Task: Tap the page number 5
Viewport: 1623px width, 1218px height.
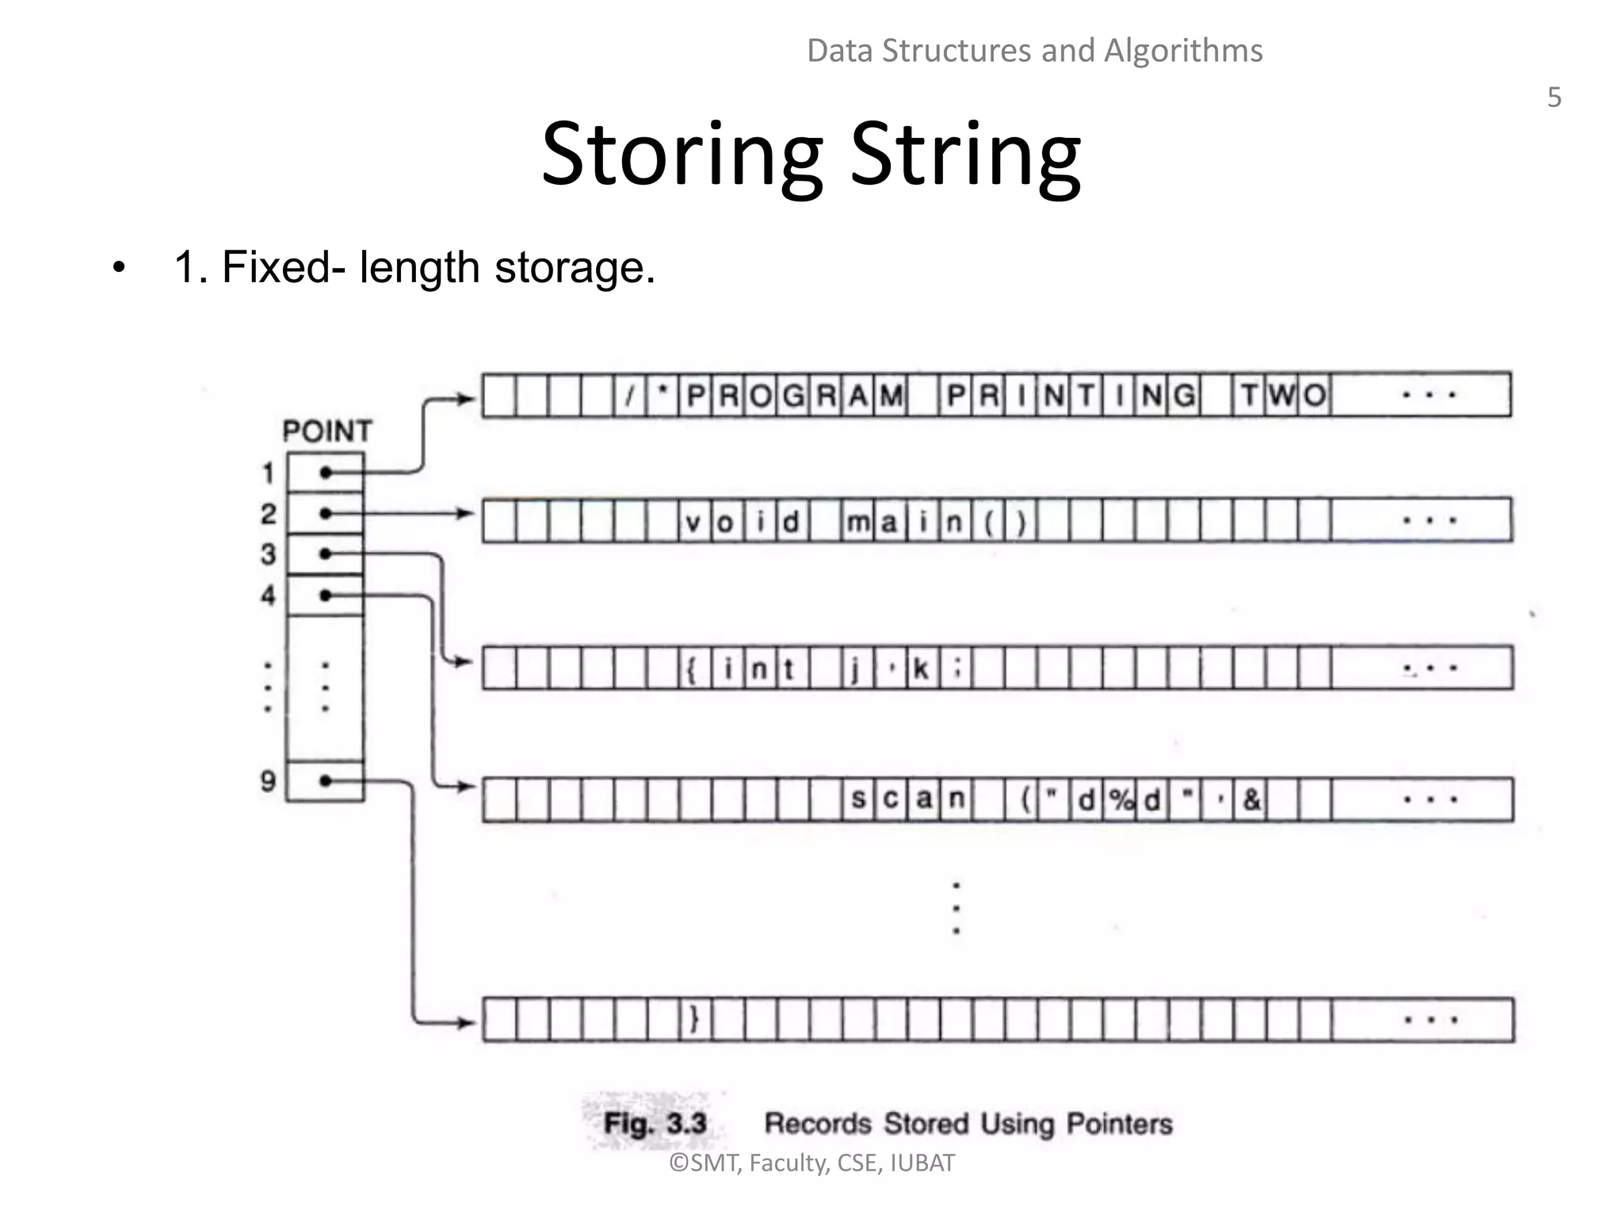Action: click(1554, 98)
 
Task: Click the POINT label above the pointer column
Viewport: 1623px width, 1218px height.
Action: click(327, 431)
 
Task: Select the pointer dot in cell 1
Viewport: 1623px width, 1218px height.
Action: click(326, 473)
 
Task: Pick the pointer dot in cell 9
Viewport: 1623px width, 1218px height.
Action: click(326, 781)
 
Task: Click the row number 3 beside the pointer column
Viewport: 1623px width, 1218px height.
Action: click(269, 554)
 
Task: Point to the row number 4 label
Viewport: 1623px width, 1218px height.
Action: click(269, 595)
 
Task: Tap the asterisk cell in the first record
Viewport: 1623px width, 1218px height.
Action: click(663, 393)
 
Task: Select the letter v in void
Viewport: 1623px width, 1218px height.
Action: click(693, 523)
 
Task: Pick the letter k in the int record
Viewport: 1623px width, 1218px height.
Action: click(921, 669)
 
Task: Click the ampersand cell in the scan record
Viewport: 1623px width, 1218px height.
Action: click(1251, 799)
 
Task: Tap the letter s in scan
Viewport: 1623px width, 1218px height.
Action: click(858, 799)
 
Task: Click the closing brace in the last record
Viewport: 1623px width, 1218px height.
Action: click(695, 1019)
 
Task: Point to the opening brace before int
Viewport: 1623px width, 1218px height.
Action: click(691, 669)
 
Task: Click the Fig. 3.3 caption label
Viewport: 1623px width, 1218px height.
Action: click(655, 1124)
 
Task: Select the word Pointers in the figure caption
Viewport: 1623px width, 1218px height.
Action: click(1119, 1124)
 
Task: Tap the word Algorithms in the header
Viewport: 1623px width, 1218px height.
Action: click(1183, 51)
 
